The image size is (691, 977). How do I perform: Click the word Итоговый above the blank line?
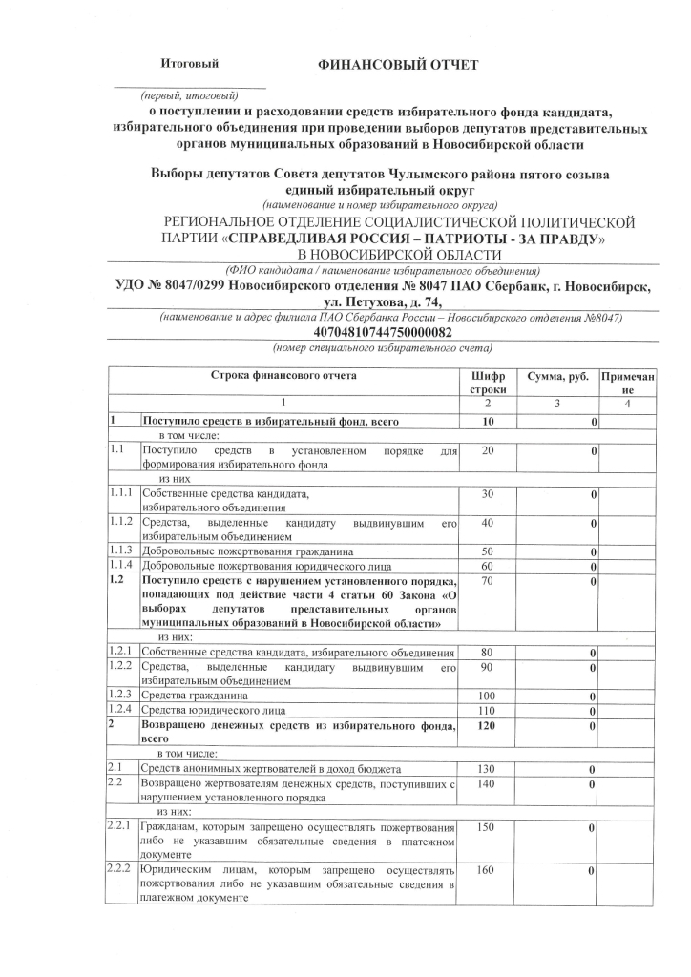[x=189, y=64]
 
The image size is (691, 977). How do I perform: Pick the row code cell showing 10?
[x=488, y=421]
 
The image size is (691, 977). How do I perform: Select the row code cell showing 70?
[x=488, y=581]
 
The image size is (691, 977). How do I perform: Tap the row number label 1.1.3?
[x=122, y=551]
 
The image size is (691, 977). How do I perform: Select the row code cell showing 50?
[x=488, y=552]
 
